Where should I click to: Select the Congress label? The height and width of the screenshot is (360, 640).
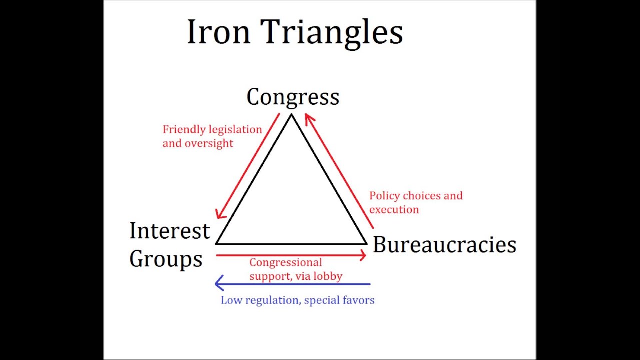293,97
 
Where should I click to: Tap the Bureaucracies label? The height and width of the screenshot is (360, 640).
444,245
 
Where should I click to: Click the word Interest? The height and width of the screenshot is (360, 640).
170,231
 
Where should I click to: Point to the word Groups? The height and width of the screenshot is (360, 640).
166,259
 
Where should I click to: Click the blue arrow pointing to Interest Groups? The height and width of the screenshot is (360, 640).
292,284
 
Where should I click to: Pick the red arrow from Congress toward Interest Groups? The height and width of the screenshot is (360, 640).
248,166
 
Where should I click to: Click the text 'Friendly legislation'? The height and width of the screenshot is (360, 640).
212,130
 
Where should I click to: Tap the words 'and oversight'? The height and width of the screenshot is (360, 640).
198,143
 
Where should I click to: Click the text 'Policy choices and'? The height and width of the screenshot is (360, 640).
416,196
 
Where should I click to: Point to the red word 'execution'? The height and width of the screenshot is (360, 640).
394,209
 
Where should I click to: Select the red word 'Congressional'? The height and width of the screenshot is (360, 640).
285,262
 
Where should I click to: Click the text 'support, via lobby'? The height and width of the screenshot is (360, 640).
296,276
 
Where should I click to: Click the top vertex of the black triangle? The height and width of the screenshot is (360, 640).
291,115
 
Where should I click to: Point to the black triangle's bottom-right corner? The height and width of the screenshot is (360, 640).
366,243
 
